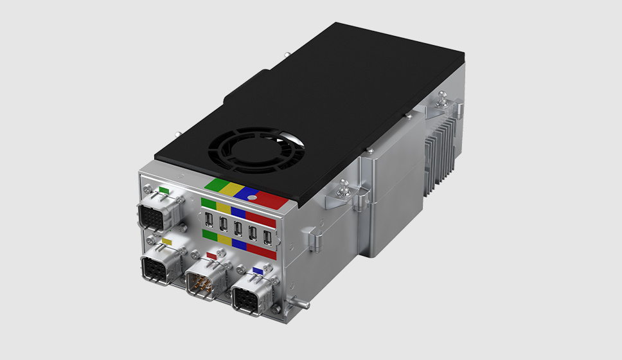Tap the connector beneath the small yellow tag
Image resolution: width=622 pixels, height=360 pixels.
click(x=158, y=265)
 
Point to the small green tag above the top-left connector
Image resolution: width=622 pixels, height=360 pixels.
click(x=164, y=190)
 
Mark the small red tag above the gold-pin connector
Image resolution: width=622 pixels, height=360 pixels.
click(x=211, y=255)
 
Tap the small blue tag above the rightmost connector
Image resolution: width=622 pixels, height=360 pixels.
click(x=258, y=271)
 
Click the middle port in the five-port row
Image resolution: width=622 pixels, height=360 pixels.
click(x=238, y=229)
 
